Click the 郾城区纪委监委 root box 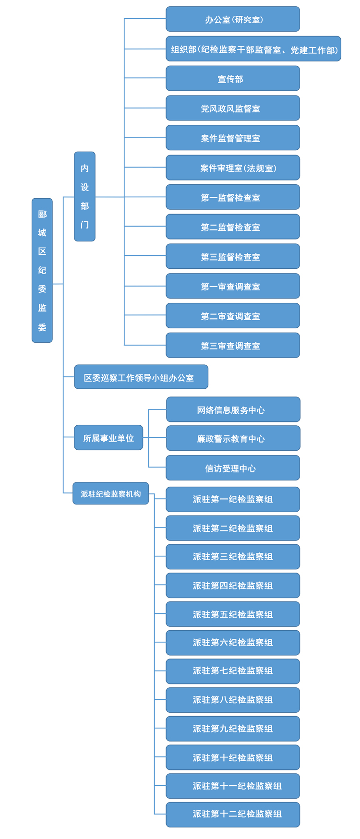coord(42,270)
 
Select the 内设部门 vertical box coord(84,196)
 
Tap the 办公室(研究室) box coord(233,19)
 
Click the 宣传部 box coord(233,79)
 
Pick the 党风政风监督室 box coord(233,108)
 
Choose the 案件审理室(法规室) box coord(233,168)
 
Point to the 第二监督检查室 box coord(233,227)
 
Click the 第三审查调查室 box coord(233,346)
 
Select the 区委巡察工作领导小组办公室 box coord(141,377)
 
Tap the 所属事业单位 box coord(108,438)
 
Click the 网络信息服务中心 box coord(233,410)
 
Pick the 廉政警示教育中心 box coord(233,439)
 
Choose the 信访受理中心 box coord(233,468)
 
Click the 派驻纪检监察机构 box coord(111,493)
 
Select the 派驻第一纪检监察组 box coord(233,499)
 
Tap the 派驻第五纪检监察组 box coord(233,614)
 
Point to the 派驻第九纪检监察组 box coord(233,729)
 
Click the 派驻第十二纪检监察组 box coord(233,814)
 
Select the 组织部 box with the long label coord(253,49)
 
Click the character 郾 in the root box coord(42,214)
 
